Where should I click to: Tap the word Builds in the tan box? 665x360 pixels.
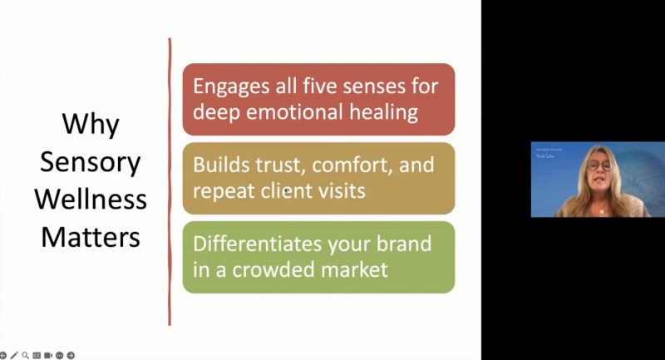(219, 165)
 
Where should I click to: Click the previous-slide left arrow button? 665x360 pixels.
(4, 355)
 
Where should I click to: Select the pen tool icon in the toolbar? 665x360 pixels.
(15, 355)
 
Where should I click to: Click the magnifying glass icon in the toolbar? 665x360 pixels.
(26, 355)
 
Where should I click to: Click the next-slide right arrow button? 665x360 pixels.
(71, 355)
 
